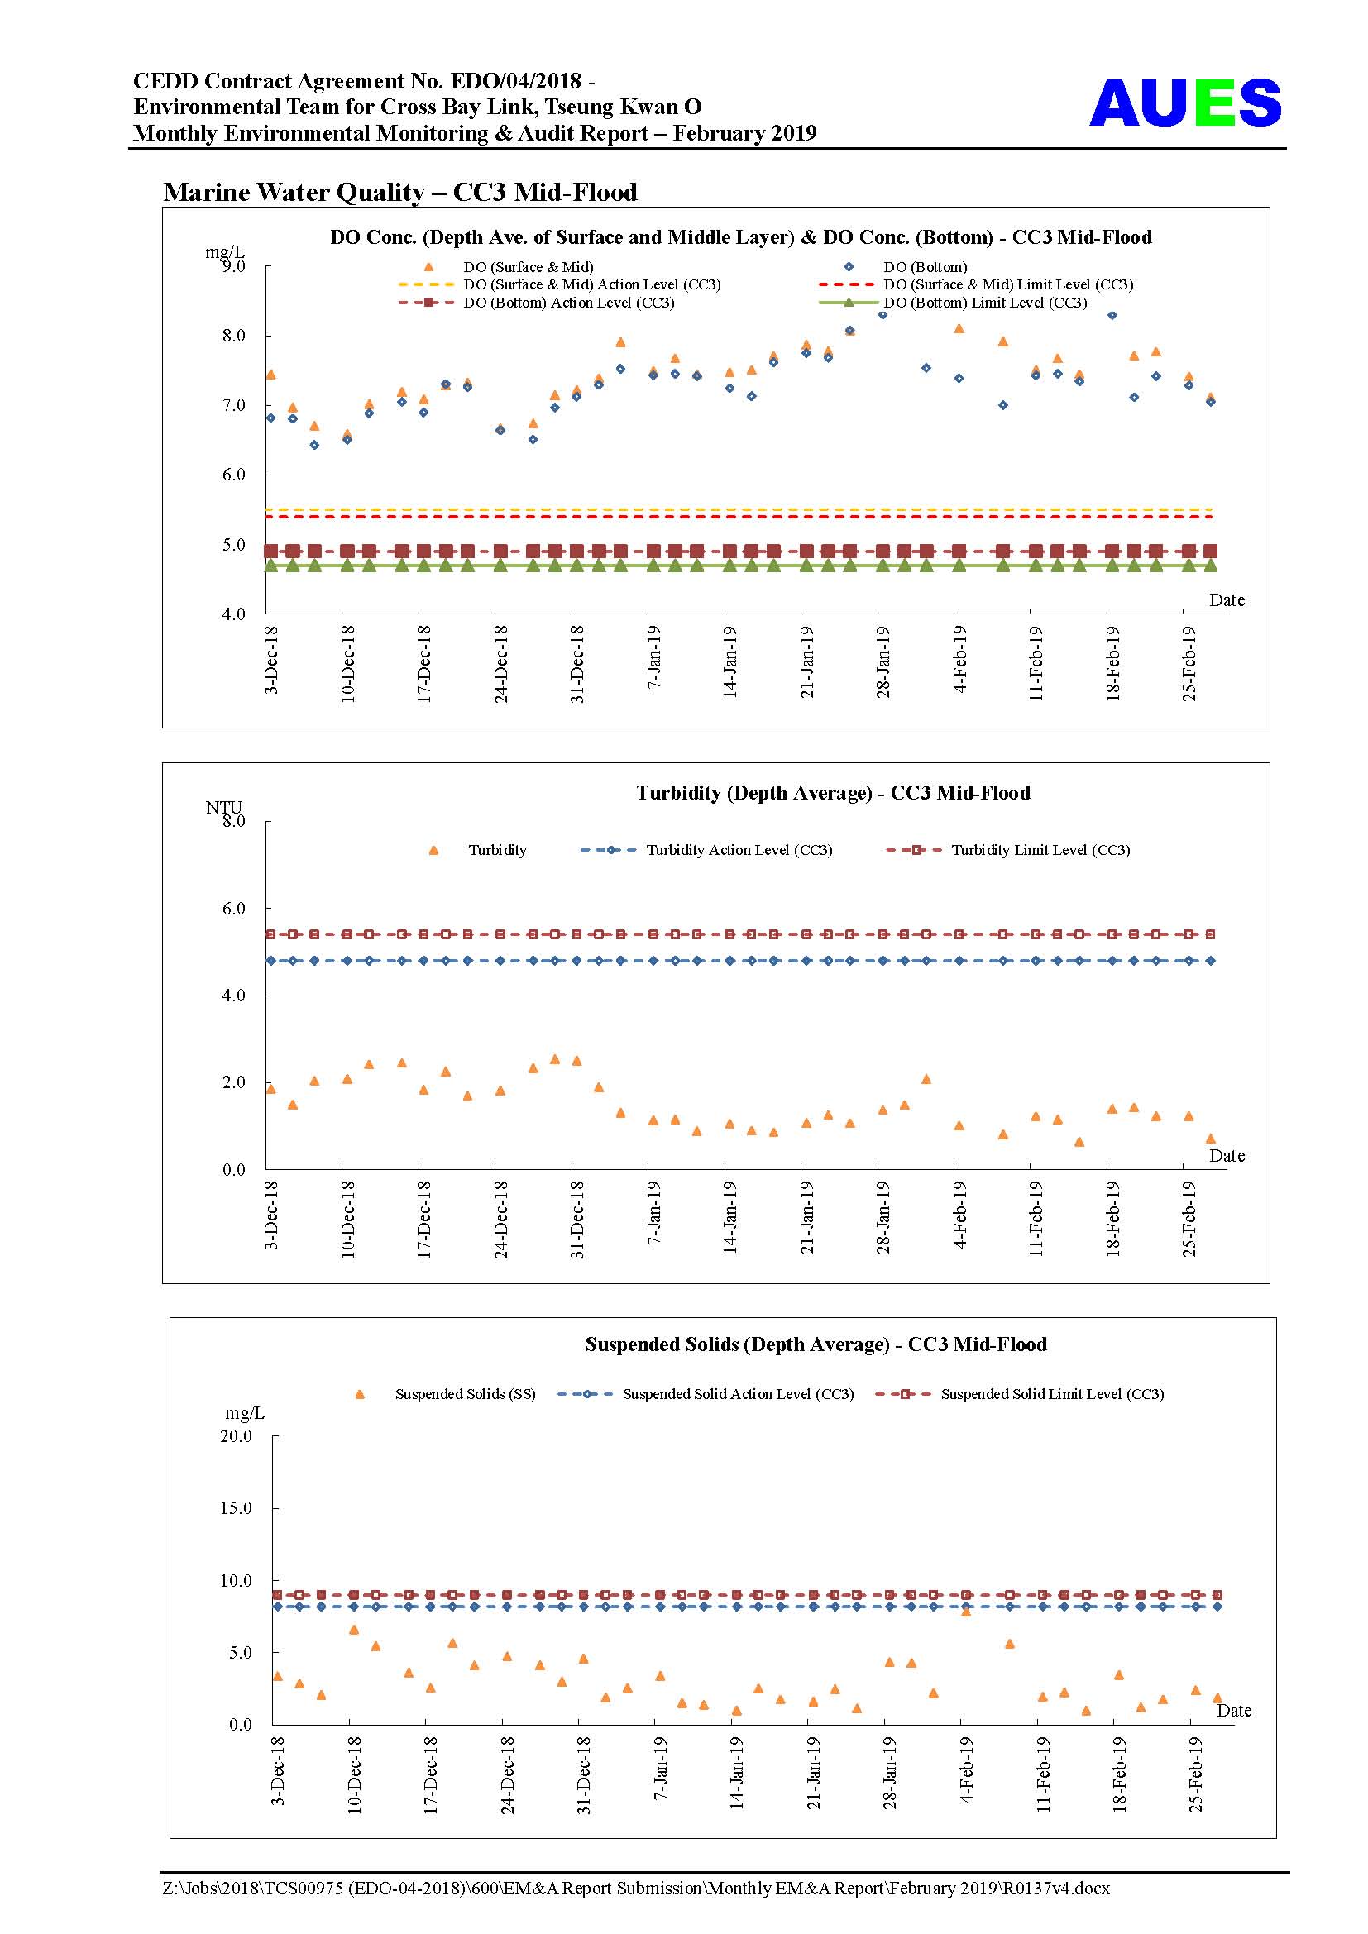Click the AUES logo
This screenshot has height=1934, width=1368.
click(1184, 103)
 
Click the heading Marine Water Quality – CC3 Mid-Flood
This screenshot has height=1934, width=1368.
click(400, 192)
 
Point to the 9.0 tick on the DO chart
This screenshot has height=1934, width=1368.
click(234, 266)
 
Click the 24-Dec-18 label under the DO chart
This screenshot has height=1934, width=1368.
click(500, 664)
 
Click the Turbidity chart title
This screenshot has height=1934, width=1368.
click(833, 793)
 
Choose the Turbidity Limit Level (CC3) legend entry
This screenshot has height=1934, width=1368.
click(1008, 850)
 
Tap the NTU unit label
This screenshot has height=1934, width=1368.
click(223, 807)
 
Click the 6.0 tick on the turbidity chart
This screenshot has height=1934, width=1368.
click(234, 908)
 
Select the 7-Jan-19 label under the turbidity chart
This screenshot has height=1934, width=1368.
click(653, 1212)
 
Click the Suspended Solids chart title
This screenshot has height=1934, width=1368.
click(816, 1344)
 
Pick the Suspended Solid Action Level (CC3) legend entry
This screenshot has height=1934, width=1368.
click(706, 1394)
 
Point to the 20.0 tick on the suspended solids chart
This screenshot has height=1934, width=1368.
click(236, 1436)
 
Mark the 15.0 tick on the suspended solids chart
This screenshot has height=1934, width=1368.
click(236, 1509)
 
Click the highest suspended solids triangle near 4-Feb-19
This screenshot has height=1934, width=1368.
click(966, 1612)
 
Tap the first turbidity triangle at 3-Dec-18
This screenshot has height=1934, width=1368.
click(270, 1089)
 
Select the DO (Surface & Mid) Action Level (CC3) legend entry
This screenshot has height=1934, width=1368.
click(560, 284)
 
